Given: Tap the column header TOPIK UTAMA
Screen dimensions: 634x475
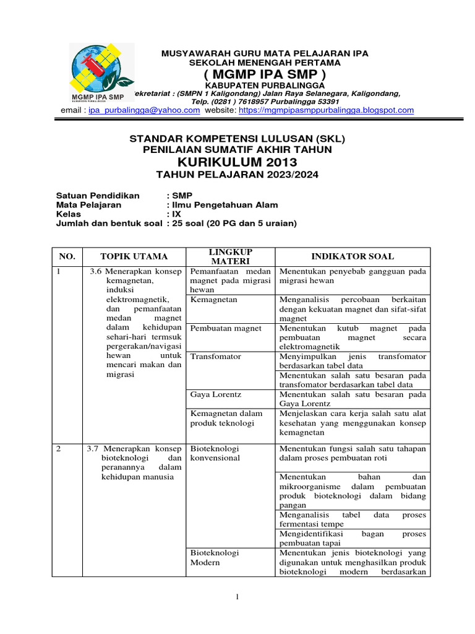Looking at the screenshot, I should click(x=134, y=256).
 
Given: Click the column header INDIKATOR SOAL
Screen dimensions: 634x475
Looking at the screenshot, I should click(x=353, y=256).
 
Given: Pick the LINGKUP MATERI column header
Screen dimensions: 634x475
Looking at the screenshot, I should click(x=231, y=256).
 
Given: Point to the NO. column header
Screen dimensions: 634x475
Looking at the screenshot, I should click(x=66, y=256).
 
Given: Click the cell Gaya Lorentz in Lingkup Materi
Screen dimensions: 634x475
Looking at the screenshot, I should click(x=213, y=394).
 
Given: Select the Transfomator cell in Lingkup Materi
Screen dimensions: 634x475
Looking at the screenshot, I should click(x=216, y=357).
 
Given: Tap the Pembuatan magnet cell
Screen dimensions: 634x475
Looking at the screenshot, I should click(x=226, y=328).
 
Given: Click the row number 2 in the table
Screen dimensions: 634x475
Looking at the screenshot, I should click(x=59, y=449).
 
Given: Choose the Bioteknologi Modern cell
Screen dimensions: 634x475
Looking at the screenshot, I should click(x=215, y=558).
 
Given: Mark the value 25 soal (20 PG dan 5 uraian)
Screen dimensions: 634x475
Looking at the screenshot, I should click(x=234, y=224).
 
